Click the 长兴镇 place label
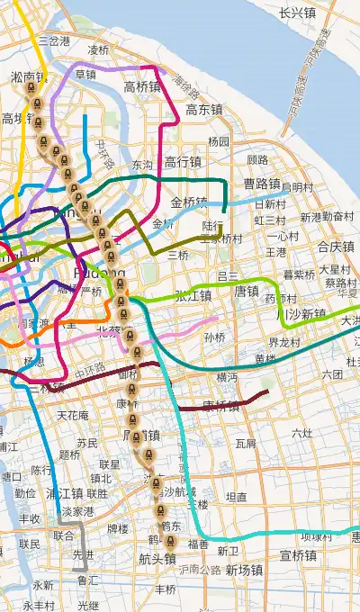click(x=297, y=13)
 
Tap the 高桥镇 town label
click(x=142, y=87)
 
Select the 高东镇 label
click(x=204, y=110)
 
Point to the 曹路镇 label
click(x=262, y=184)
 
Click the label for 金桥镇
click(x=189, y=202)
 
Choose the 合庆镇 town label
click(x=336, y=246)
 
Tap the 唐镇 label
click(x=247, y=291)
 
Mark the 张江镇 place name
click(x=193, y=295)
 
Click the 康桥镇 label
click(x=220, y=405)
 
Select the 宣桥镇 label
click(x=298, y=555)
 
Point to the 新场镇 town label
click(x=244, y=570)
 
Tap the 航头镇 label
click(x=157, y=559)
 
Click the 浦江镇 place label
click(x=65, y=493)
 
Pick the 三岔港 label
click(x=54, y=41)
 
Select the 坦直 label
click(x=237, y=497)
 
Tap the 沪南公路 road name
click(x=199, y=569)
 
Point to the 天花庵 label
click(x=73, y=416)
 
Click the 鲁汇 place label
click(x=88, y=581)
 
